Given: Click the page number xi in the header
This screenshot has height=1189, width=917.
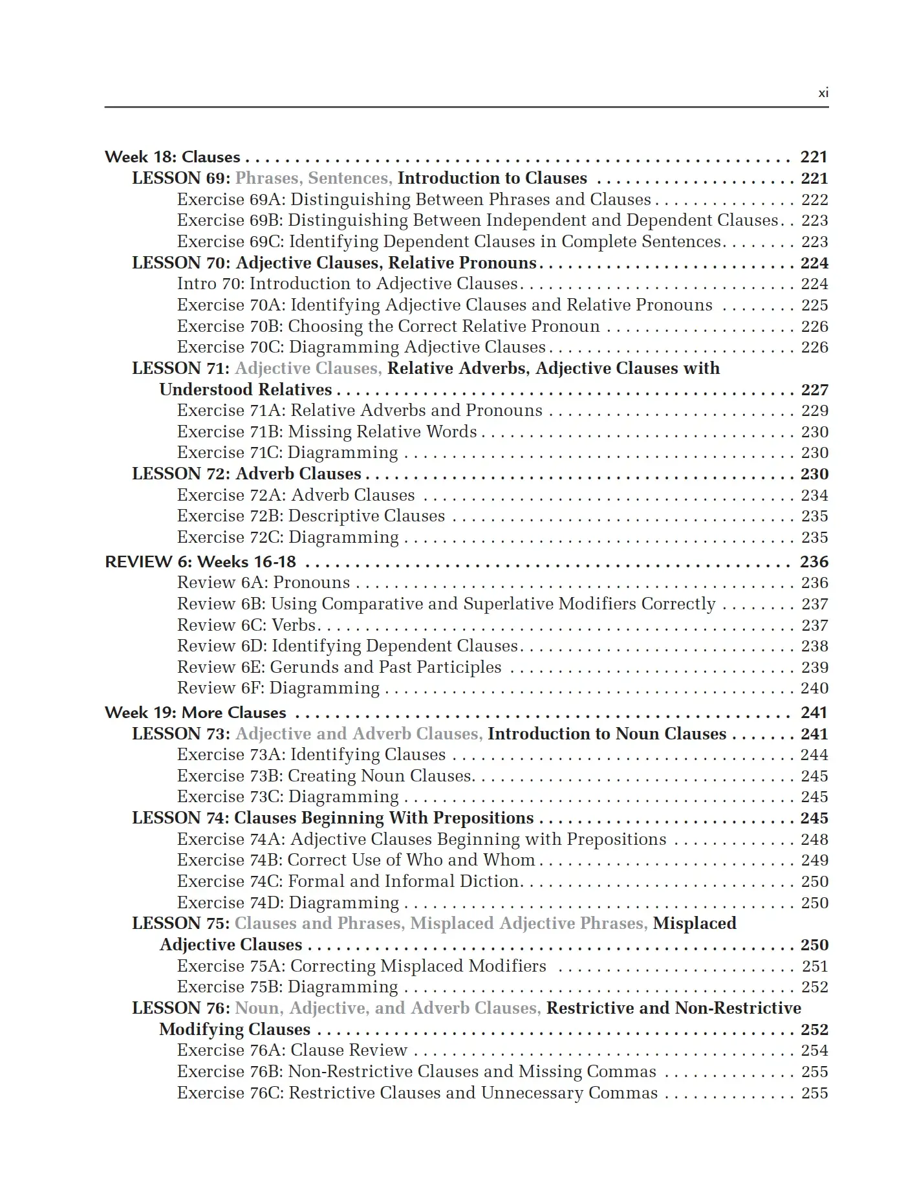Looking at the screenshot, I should (x=823, y=93).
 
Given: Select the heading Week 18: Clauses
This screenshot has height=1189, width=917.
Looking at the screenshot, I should (x=172, y=157).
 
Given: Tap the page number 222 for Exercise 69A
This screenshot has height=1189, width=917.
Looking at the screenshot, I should (x=814, y=200).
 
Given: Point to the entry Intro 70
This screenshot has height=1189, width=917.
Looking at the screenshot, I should (x=347, y=284).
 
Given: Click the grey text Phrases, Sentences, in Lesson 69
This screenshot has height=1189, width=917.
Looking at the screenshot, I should (x=314, y=179).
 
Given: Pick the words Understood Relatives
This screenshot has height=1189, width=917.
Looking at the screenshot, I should (x=246, y=389).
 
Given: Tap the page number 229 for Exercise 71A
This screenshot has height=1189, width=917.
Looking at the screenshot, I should (x=814, y=411).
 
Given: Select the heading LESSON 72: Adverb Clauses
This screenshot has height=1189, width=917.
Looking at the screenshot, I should (x=246, y=474).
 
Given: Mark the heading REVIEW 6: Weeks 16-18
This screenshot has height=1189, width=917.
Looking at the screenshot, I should (x=200, y=562).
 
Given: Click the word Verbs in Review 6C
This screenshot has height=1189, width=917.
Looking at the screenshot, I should (x=294, y=626).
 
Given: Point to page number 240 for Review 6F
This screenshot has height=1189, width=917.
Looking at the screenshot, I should (x=814, y=688).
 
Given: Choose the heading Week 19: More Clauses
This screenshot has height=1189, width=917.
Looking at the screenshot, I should (x=195, y=713).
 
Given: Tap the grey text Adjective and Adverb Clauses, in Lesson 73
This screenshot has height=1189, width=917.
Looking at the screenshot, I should (x=359, y=734).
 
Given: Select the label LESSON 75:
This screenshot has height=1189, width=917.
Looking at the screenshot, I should (x=181, y=924).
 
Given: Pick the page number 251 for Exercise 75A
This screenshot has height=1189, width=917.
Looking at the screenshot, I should (x=814, y=966).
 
